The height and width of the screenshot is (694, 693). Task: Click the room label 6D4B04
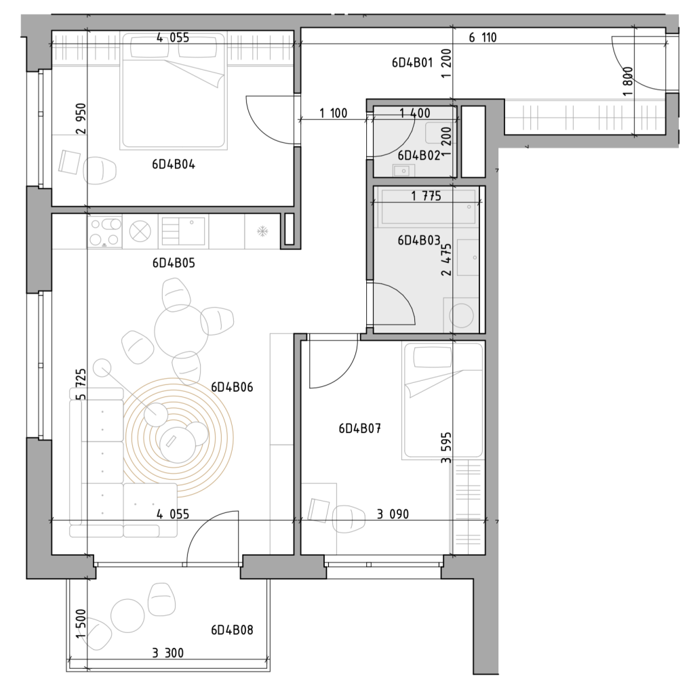(174, 165)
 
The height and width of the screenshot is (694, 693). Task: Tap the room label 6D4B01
(412, 62)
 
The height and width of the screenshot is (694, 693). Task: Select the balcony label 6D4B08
(232, 630)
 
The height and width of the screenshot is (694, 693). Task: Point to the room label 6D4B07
(359, 428)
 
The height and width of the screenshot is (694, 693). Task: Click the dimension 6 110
(483, 38)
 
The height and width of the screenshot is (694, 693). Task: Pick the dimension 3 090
(393, 514)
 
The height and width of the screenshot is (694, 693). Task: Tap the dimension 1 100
(334, 113)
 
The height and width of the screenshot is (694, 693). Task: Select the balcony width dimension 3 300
(168, 653)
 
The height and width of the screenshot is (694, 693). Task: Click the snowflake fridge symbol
(263, 231)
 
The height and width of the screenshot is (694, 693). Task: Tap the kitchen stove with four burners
(105, 232)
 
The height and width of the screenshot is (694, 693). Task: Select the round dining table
(181, 331)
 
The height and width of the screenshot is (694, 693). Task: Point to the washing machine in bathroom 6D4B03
(461, 314)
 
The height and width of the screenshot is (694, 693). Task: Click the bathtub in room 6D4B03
(427, 207)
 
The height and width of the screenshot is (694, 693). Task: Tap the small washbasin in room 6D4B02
(403, 170)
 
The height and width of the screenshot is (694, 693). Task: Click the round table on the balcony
(127, 615)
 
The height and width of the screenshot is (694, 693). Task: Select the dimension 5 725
(82, 384)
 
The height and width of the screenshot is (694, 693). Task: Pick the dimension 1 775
(426, 196)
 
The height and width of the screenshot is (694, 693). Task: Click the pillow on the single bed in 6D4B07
(432, 357)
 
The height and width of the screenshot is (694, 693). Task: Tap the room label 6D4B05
(174, 263)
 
